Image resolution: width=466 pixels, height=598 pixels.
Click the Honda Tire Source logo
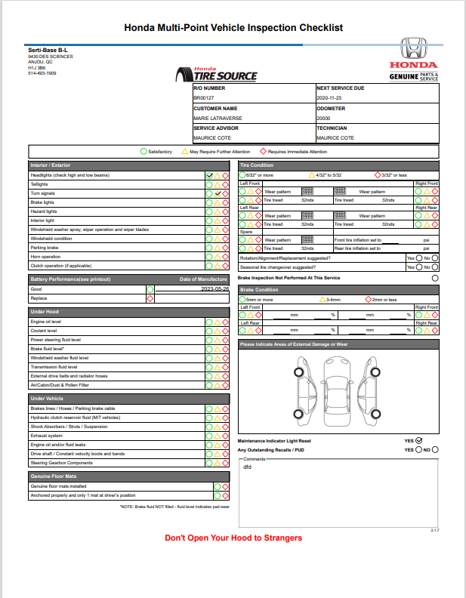(215, 73)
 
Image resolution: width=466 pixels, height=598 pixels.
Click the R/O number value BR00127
(204, 98)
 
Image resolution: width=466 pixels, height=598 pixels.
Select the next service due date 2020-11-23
(330, 98)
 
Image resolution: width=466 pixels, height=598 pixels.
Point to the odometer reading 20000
(323, 118)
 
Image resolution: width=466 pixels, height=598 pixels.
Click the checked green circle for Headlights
(209, 175)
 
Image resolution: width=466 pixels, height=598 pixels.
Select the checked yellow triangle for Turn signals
(218, 193)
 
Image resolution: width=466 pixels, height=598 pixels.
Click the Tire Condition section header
(257, 165)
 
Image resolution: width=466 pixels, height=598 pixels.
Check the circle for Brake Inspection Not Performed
(434, 278)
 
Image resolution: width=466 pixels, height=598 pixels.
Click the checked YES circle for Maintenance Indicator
(419, 440)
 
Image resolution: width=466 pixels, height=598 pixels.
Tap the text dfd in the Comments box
(247, 467)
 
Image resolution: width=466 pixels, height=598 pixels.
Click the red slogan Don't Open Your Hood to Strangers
(233, 538)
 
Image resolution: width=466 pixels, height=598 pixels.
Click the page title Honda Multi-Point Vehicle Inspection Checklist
(233, 27)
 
